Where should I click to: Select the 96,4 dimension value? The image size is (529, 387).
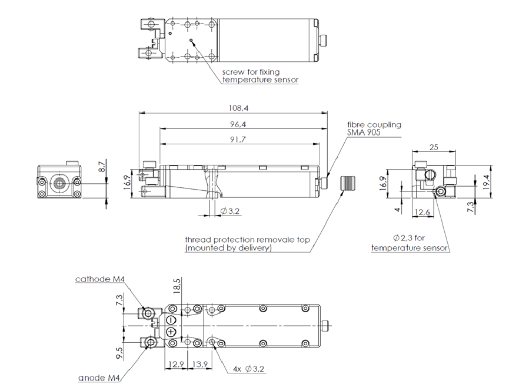(238, 124)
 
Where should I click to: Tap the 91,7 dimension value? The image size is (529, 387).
(238, 140)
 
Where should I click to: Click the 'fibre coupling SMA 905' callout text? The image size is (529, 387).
(374, 128)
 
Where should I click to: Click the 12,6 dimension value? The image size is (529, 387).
(422, 212)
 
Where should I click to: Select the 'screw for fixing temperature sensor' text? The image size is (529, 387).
(260, 76)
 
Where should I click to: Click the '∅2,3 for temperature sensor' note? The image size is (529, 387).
(410, 243)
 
